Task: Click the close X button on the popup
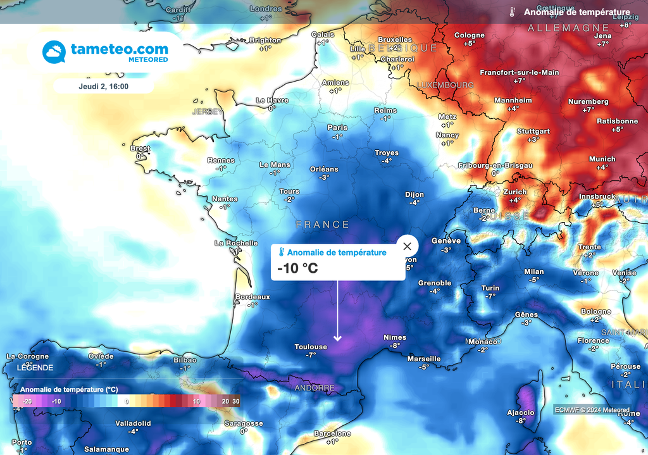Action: coord(408,246)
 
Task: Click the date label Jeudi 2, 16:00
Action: coord(104,85)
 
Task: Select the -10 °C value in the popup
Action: coord(297,268)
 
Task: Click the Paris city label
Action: coord(337,128)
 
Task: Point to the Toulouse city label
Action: coord(311,347)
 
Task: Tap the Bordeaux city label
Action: coord(252,297)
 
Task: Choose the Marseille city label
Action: coord(424,359)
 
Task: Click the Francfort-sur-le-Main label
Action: coord(520,72)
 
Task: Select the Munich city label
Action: coord(602,159)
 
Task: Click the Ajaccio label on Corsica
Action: coord(521,413)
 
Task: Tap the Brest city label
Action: coord(140,149)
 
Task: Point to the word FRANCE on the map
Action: coord(323,225)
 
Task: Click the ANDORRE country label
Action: coord(315,387)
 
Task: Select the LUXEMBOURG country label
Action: coord(445,85)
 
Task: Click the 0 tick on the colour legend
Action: coord(127,401)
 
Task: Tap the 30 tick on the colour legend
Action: coord(235,401)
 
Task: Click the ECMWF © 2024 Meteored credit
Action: coord(592,409)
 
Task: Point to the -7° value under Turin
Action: coord(490,296)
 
